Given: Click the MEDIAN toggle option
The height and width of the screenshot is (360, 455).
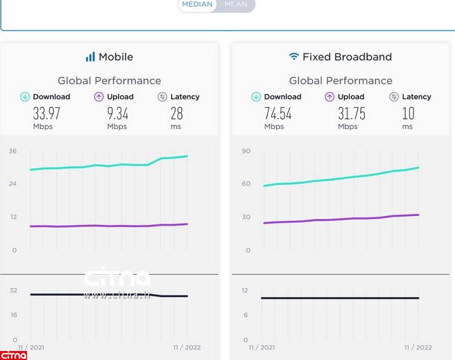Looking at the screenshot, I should [x=197, y=4].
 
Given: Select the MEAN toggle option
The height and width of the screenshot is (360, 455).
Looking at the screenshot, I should [x=235, y=4].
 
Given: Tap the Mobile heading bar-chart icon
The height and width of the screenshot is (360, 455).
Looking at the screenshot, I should [x=90, y=57].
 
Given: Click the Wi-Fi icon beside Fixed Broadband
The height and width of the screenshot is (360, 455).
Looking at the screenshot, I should [x=294, y=57].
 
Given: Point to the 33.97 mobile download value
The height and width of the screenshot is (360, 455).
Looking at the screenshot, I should [x=46, y=113].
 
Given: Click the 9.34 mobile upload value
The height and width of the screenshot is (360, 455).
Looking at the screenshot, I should [x=118, y=113].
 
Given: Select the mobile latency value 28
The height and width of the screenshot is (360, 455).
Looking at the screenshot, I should [x=176, y=113].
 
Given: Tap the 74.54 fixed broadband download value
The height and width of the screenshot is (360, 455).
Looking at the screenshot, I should [x=277, y=113].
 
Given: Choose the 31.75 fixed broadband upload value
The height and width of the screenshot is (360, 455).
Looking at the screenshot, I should [x=351, y=113].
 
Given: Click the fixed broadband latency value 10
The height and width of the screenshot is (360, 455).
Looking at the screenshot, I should [x=408, y=113].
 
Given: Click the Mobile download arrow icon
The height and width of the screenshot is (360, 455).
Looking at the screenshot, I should [x=25, y=97].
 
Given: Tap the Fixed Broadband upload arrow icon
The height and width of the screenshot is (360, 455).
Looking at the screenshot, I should [x=330, y=97].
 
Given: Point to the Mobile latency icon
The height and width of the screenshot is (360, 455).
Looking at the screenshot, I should [x=162, y=97].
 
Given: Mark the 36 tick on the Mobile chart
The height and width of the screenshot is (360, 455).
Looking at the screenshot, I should [x=13, y=151].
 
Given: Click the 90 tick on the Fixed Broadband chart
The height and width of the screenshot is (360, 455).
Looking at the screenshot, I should [x=246, y=151].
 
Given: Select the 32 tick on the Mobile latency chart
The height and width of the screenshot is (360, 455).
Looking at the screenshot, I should [x=13, y=290].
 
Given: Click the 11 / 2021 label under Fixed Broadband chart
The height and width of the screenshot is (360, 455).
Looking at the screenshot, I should [x=262, y=347].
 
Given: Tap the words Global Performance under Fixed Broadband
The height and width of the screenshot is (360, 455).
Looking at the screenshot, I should [x=340, y=80].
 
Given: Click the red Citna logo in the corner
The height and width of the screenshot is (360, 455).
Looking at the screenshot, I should [x=13, y=355].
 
